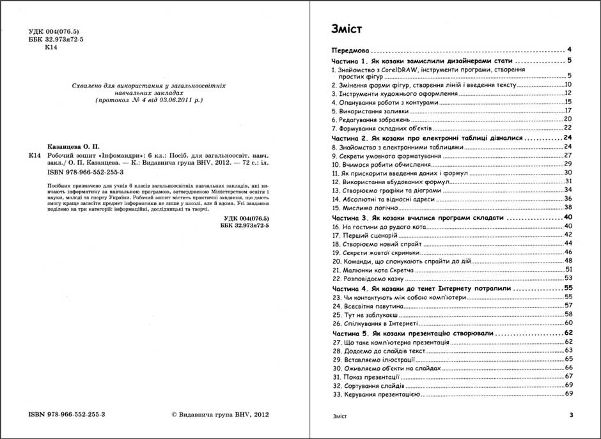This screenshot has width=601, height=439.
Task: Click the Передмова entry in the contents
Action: coord(351,50)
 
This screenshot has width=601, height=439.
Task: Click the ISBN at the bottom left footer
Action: coord(67,414)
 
